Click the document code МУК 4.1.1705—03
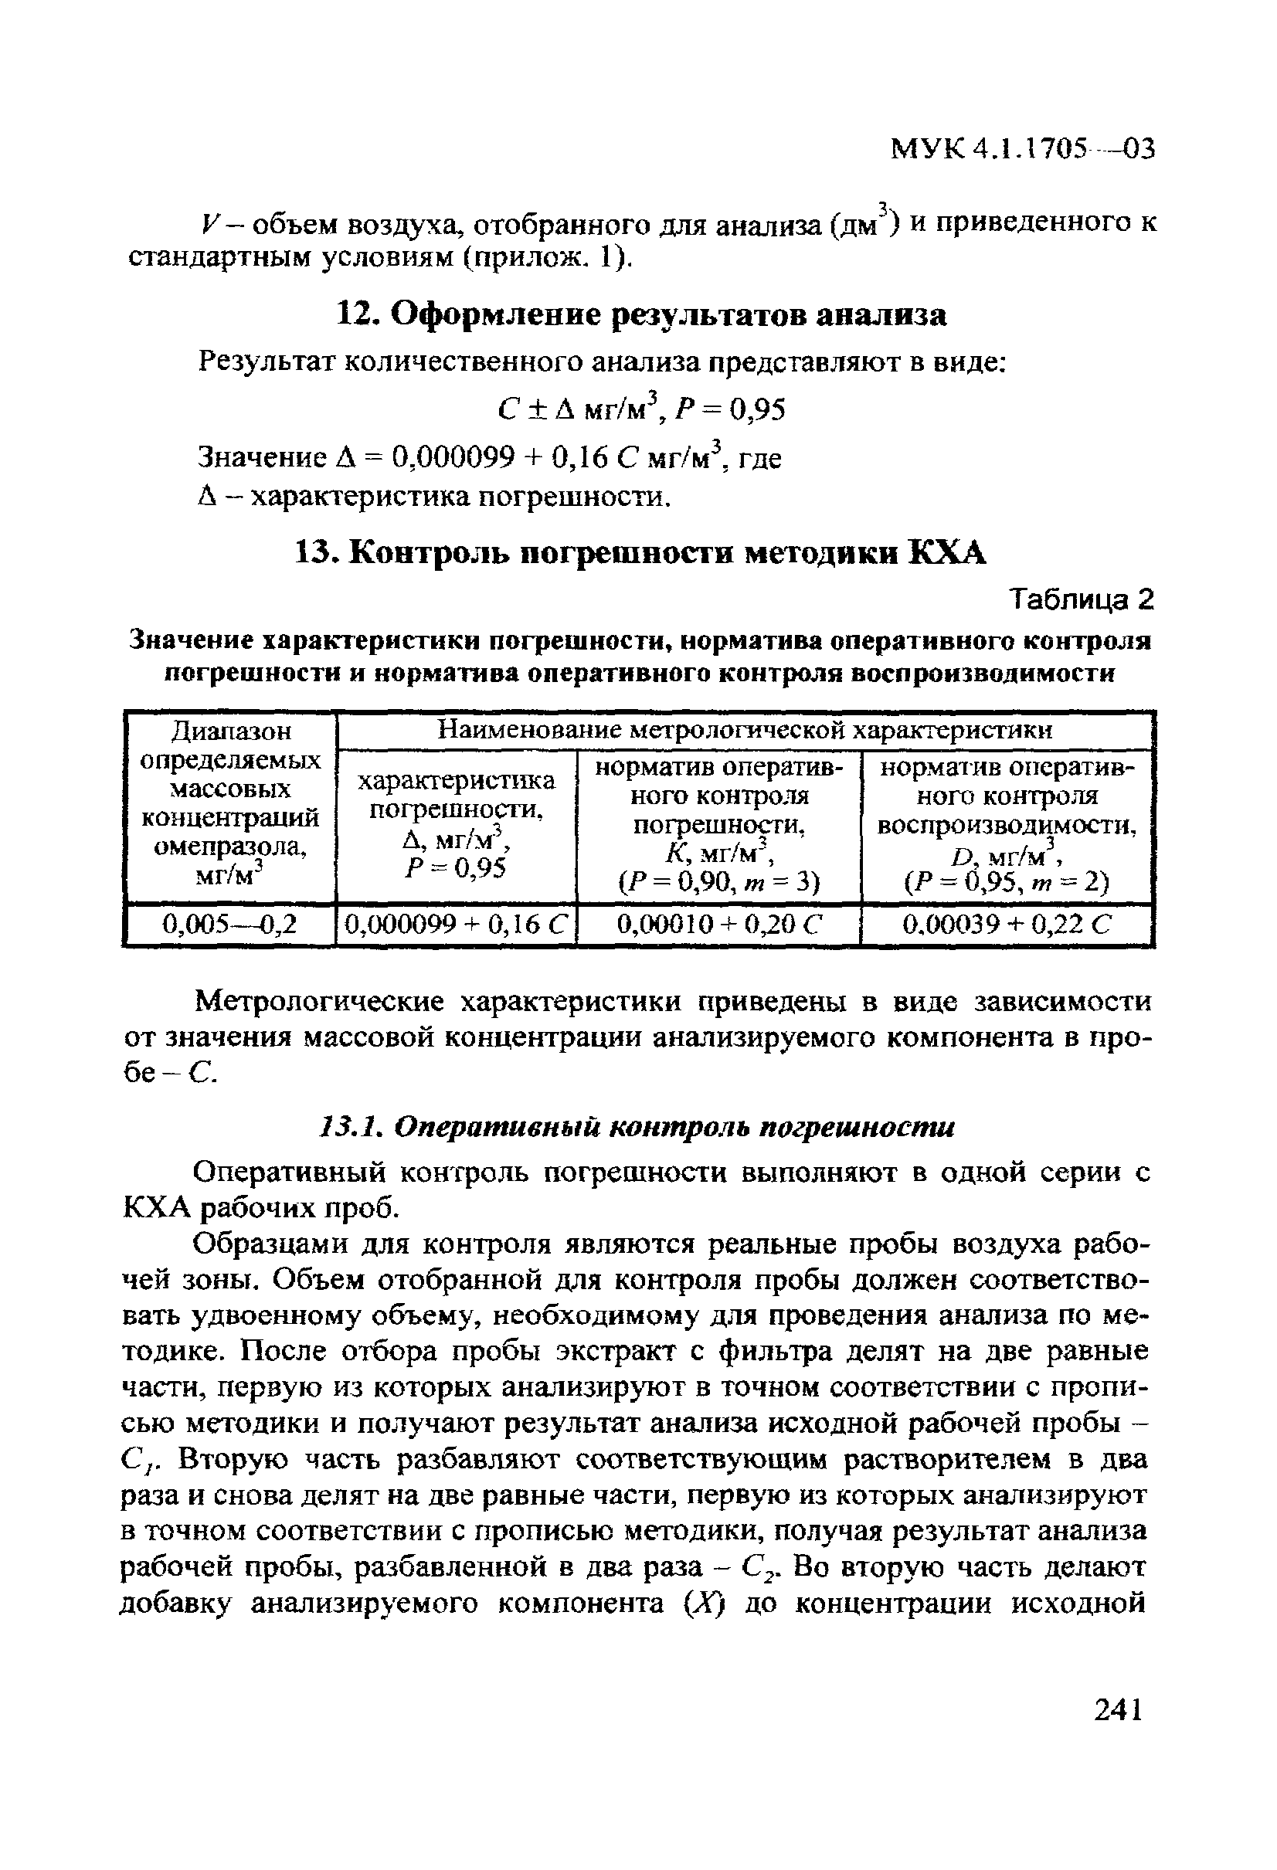tap(1023, 150)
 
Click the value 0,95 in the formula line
tap(757, 411)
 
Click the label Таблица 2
tap(1082, 599)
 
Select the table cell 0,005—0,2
tap(230, 924)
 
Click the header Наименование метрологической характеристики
tap(744, 730)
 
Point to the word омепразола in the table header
tap(230, 847)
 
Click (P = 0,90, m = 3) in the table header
tap(719, 884)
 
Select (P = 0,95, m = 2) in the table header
tap(1007, 884)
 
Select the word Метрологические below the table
tap(322, 1003)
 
